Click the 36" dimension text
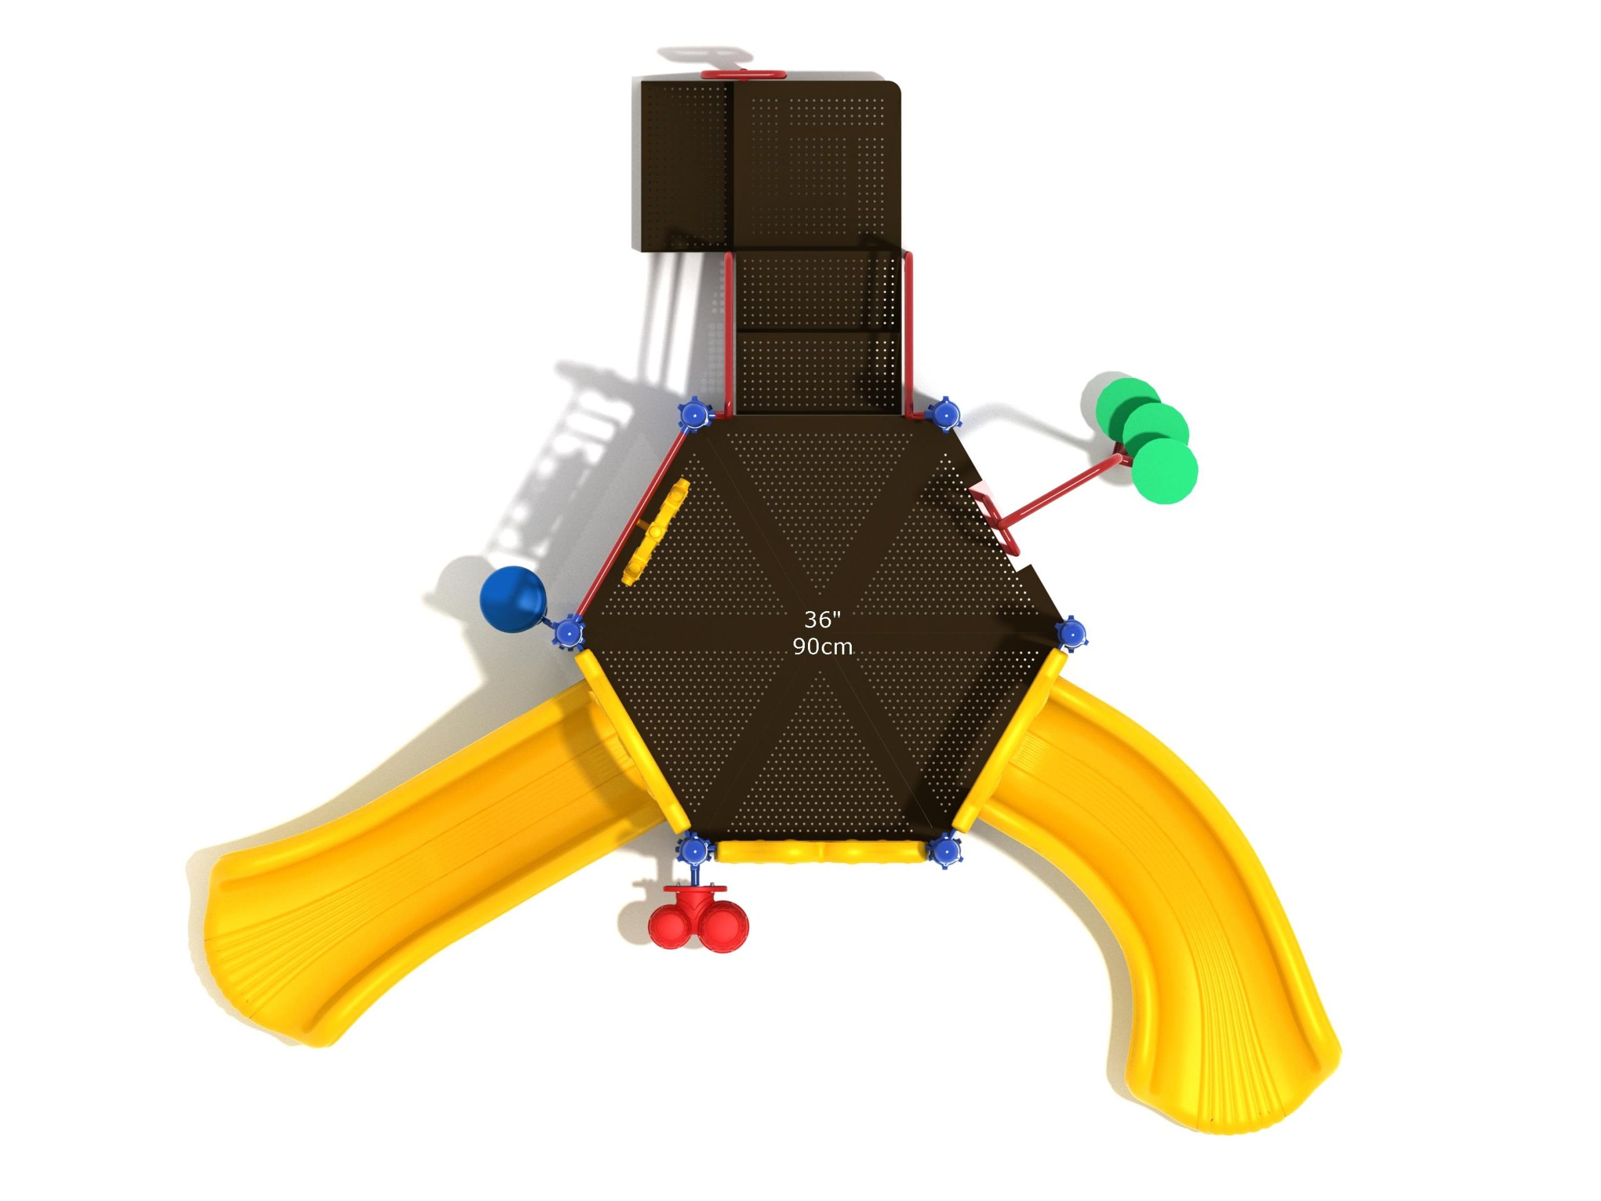(x=822, y=620)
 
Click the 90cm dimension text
(x=822, y=646)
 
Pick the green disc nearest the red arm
(x=1164, y=470)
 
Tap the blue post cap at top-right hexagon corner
(x=944, y=415)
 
